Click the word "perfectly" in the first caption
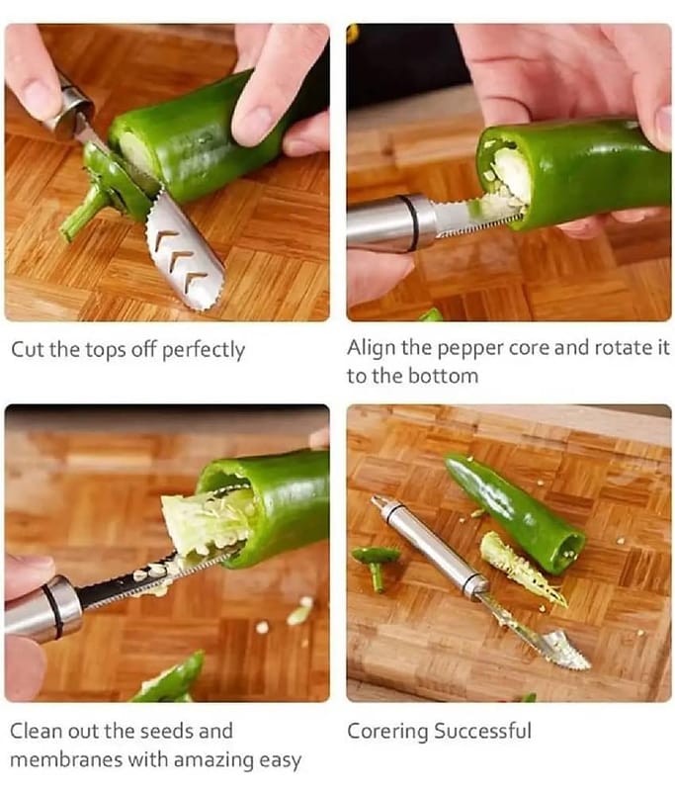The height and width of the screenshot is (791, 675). click(x=204, y=350)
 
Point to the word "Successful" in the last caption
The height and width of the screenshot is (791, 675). click(x=482, y=731)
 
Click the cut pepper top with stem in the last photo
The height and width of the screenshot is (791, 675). click(x=376, y=564)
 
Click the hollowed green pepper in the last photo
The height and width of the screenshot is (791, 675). click(x=515, y=511)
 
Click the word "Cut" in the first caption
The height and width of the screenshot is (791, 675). click(x=28, y=349)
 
